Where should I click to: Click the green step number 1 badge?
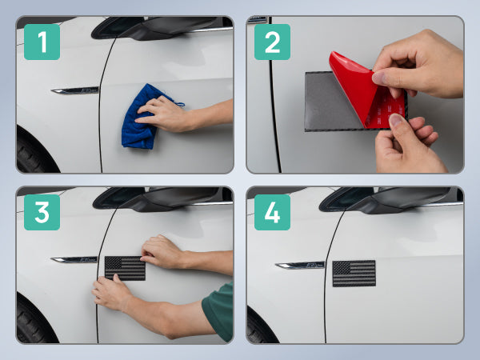42,42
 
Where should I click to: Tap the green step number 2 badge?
272,42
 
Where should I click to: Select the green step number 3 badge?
42,212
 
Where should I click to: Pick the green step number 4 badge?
272,212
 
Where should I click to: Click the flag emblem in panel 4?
354,274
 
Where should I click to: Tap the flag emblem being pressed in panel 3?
125,269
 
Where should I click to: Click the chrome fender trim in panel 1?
75,90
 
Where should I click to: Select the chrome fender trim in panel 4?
300,266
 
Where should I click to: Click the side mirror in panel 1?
156,27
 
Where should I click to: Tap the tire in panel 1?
34,151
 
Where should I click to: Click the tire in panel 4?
260,326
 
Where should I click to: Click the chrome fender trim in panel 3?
74,260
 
